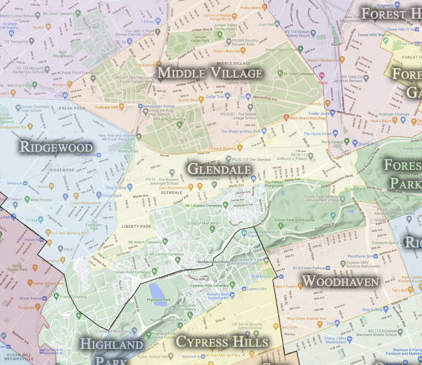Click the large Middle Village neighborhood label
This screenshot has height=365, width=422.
(x=210, y=73)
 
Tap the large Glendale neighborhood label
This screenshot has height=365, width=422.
(x=219, y=169)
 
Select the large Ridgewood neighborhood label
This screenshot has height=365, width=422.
(x=56, y=147)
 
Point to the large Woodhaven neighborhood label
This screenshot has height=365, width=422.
(x=341, y=281)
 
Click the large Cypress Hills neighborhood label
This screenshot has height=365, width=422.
(x=222, y=341)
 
